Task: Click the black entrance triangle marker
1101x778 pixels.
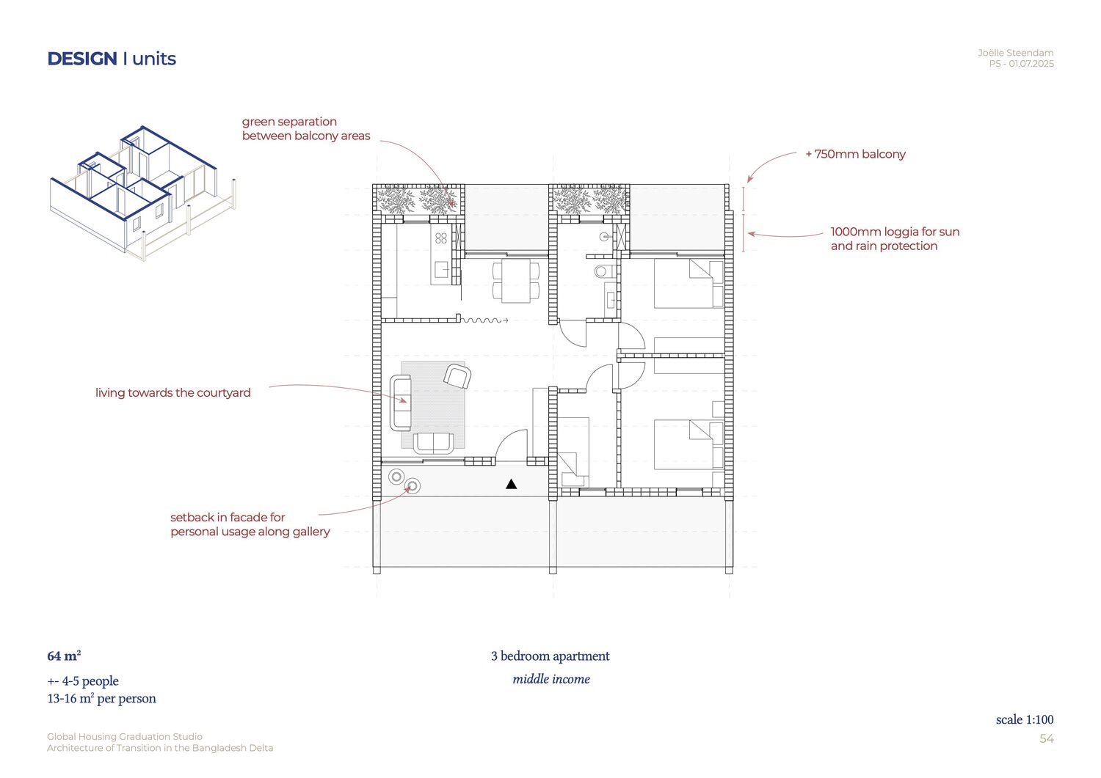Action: tap(511, 484)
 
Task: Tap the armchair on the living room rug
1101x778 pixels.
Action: tap(457, 375)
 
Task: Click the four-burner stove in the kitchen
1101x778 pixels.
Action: tap(441, 238)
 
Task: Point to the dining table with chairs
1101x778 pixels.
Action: tap(516, 280)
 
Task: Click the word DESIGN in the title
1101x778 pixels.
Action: tap(82, 59)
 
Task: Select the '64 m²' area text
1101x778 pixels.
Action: tap(64, 656)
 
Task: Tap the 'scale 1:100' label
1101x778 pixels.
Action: tap(1025, 719)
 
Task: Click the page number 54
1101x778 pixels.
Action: tap(1047, 738)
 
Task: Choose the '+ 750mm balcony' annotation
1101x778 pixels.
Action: tap(855, 154)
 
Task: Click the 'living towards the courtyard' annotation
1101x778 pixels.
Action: tap(173, 393)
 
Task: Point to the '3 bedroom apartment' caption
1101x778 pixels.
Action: tap(550, 656)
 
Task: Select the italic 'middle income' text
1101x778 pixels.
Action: tap(551, 679)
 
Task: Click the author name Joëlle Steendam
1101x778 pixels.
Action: tap(1015, 53)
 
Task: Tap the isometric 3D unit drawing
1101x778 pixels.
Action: tap(143, 193)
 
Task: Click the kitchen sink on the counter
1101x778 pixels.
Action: tap(441, 269)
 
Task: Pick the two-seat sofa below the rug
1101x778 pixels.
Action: tap(433, 443)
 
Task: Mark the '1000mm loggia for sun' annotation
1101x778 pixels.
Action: tap(895, 232)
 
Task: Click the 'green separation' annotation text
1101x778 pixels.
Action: tap(289, 122)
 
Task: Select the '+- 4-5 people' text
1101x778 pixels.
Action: tap(83, 681)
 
